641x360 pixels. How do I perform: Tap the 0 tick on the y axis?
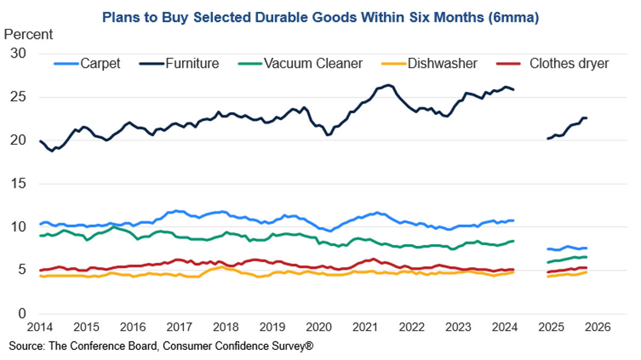24,314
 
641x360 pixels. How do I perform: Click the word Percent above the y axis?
28,35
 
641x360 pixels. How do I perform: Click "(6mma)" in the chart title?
513,18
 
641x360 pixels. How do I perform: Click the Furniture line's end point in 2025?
587,118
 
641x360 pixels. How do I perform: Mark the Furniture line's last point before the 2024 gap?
514,90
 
